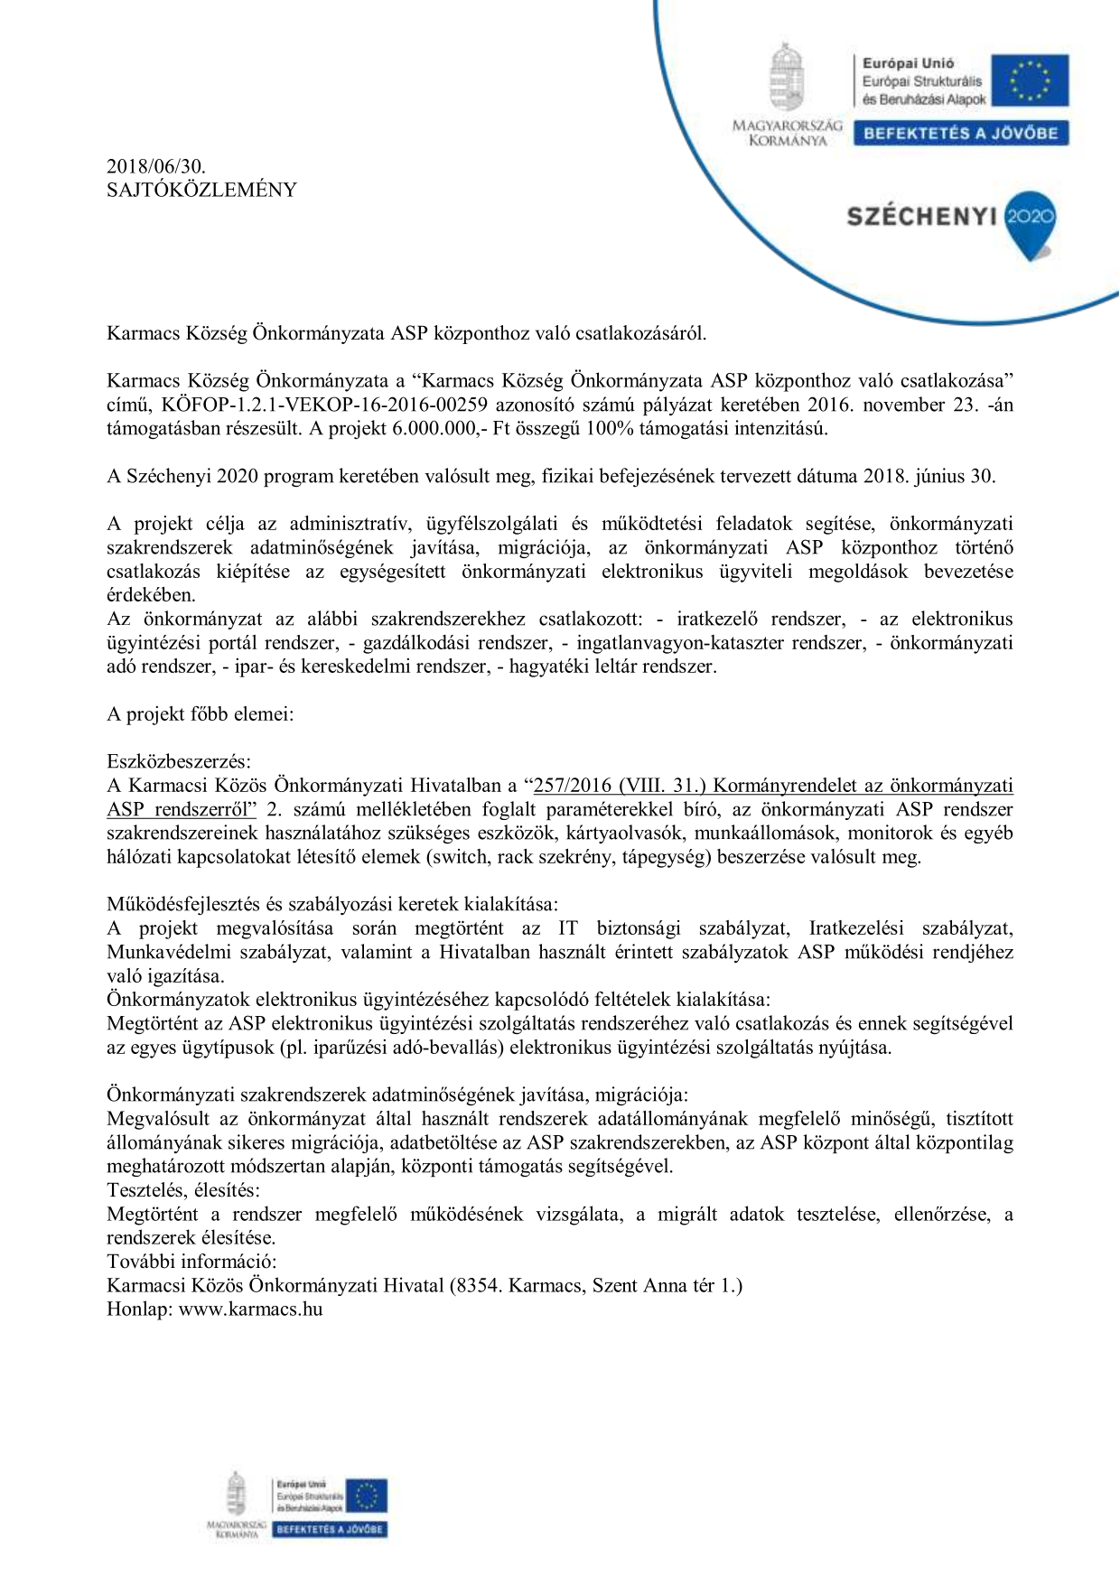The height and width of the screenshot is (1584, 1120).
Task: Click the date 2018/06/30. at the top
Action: [156, 166]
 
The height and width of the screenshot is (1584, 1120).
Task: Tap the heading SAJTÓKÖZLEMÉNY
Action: [201, 190]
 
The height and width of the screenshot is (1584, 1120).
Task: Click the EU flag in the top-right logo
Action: [1029, 81]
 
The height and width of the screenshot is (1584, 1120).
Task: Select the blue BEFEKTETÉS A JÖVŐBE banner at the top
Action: [960, 134]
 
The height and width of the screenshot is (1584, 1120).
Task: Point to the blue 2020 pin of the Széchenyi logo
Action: [1030, 220]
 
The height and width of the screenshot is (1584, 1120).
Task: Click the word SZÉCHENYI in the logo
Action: [920, 218]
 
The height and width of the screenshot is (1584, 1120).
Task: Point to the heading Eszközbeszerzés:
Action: [179, 761]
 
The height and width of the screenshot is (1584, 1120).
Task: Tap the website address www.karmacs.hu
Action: [250, 1309]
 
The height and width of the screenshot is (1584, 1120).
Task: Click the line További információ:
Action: [191, 1261]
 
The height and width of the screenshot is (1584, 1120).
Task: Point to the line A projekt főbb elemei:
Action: [200, 714]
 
